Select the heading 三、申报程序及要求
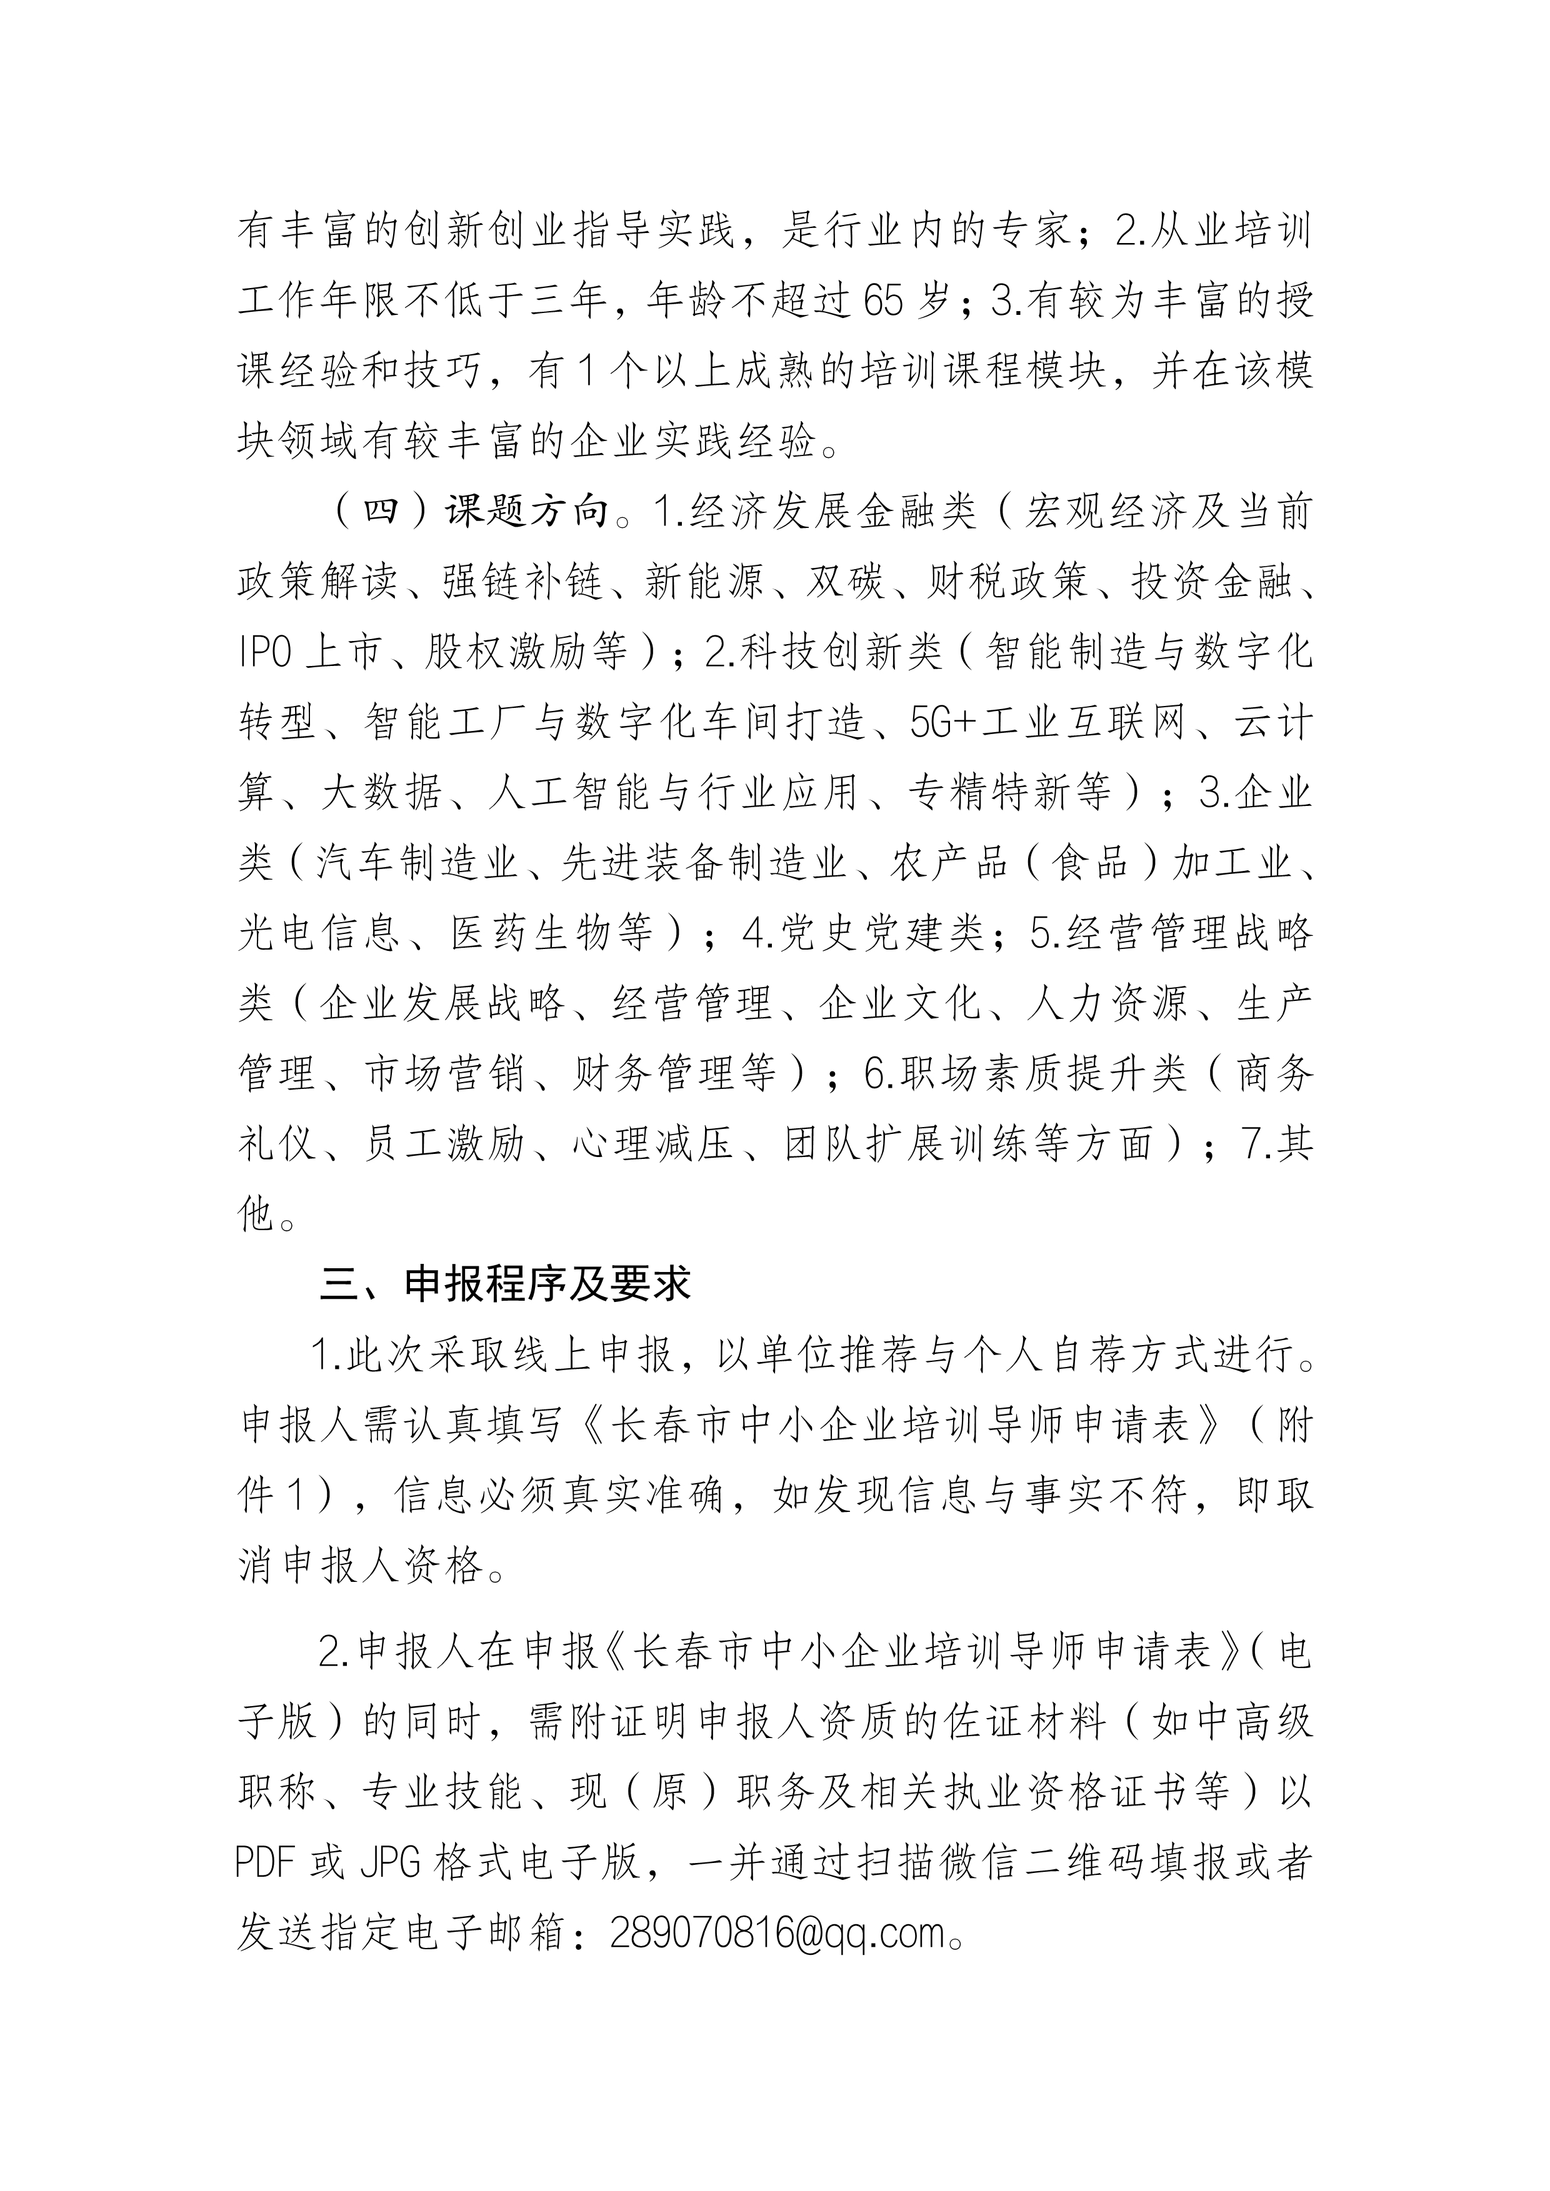pyautogui.click(x=505, y=1285)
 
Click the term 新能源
pyautogui.click(x=704, y=582)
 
